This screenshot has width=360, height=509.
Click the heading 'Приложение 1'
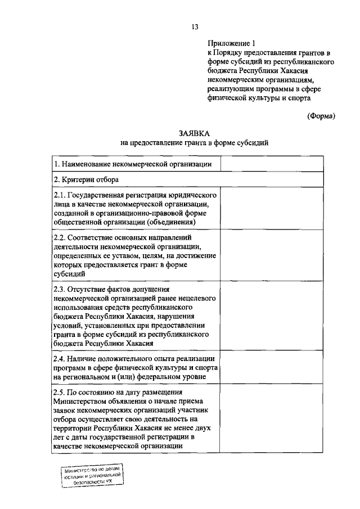(231, 43)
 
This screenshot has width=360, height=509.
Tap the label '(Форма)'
(321, 116)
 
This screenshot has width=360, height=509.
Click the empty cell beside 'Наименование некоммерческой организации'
(271, 164)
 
